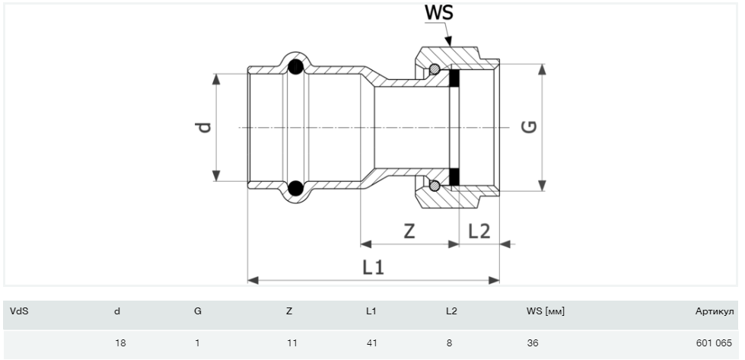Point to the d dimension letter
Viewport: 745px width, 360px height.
(x=203, y=127)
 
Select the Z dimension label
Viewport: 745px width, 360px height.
(x=409, y=231)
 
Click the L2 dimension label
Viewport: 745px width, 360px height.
(x=479, y=231)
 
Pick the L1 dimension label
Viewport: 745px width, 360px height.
(x=373, y=267)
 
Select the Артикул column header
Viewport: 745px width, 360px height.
(x=714, y=311)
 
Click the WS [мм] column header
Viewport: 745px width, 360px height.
(x=545, y=311)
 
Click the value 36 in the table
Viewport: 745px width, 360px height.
(x=532, y=343)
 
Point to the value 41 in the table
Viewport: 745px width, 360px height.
(x=371, y=343)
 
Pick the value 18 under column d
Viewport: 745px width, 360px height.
(x=120, y=343)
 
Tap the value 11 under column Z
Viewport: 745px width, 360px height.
(x=291, y=343)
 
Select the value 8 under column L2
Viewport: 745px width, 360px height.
(x=449, y=343)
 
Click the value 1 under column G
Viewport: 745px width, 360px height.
(x=197, y=343)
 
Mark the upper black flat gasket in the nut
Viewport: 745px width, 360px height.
(x=455, y=78)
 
